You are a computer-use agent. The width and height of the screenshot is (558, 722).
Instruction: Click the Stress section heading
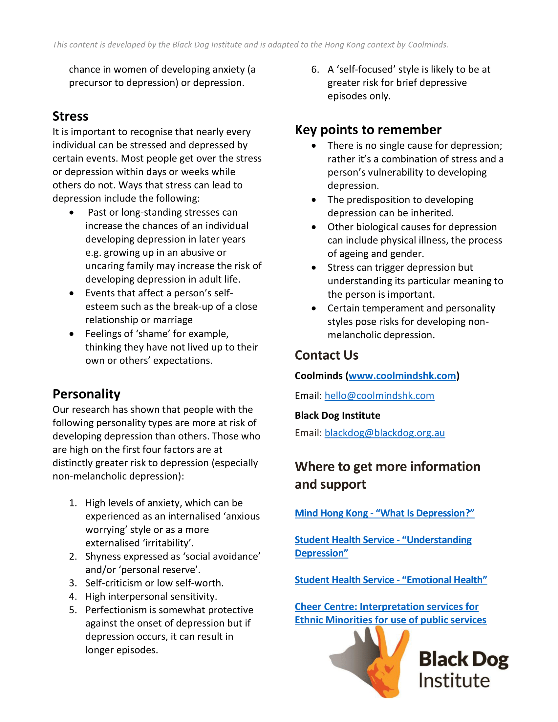[x=71, y=117]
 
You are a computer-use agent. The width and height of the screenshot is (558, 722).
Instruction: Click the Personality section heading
[x=86, y=394]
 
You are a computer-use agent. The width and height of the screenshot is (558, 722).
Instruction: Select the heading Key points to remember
[x=368, y=130]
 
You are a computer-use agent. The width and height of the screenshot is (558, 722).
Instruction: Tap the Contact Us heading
[x=326, y=355]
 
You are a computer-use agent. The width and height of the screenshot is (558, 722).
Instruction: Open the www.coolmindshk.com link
[x=402, y=376]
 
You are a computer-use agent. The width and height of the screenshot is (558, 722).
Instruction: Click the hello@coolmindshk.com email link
[x=379, y=396]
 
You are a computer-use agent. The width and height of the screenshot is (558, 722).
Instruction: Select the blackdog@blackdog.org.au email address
[x=384, y=433]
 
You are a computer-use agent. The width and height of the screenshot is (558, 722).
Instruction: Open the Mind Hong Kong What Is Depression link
[x=384, y=513]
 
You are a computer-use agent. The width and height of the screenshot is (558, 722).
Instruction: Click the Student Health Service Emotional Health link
[x=391, y=580]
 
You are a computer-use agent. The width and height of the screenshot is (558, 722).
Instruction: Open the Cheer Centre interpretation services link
[x=390, y=613]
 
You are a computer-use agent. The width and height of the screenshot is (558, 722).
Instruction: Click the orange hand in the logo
[x=387, y=665]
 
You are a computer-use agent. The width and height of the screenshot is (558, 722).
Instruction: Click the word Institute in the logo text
[x=454, y=681]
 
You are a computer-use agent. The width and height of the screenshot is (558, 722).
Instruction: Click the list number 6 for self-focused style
[x=315, y=70]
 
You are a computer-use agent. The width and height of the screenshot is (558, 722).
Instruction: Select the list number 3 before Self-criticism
[x=73, y=583]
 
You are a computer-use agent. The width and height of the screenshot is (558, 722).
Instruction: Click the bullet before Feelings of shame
[x=72, y=334]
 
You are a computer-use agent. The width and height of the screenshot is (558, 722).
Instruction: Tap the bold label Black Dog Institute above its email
[x=337, y=415]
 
